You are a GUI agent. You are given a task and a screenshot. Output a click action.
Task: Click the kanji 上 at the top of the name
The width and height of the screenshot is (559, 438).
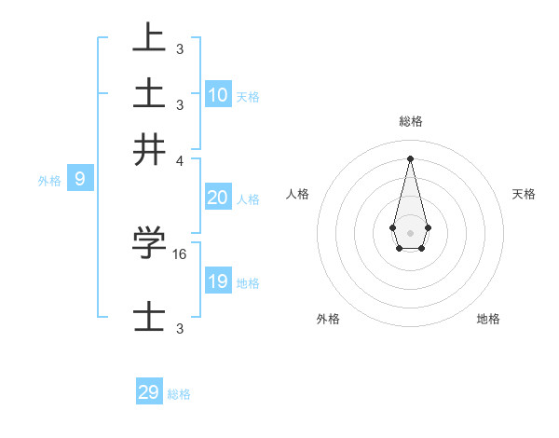click(x=149, y=38)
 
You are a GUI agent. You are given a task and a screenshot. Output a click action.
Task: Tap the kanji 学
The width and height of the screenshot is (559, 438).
click(x=149, y=243)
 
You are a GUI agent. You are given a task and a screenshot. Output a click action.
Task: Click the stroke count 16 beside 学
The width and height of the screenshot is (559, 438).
click(x=181, y=253)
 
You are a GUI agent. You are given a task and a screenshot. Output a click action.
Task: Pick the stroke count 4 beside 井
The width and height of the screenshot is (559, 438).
click(x=180, y=159)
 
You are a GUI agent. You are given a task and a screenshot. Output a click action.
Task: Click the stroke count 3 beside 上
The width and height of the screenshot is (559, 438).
click(x=180, y=48)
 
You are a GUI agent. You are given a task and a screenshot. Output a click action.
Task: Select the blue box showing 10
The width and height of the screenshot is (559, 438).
click(x=218, y=95)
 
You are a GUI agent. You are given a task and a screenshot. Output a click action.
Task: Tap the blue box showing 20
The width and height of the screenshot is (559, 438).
click(x=218, y=198)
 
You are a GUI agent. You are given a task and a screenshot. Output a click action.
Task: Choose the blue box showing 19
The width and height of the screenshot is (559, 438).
click(x=218, y=281)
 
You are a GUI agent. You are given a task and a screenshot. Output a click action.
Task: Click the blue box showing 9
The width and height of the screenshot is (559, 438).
click(x=80, y=179)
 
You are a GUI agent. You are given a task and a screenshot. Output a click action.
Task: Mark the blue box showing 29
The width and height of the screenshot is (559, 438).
click(x=149, y=392)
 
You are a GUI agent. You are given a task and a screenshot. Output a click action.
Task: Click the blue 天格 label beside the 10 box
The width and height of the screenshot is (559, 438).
click(x=248, y=97)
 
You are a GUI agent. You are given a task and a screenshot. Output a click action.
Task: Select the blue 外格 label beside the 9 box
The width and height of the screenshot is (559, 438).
click(x=49, y=181)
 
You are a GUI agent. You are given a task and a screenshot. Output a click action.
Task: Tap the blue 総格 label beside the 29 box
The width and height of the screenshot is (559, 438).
click(x=179, y=394)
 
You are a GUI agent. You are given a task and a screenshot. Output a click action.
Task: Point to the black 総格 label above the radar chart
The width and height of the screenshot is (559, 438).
click(x=410, y=121)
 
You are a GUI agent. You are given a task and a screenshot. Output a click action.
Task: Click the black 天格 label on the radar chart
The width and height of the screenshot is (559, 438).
click(x=524, y=194)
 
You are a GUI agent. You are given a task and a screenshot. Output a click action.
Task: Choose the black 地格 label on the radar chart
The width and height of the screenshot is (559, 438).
click(x=488, y=319)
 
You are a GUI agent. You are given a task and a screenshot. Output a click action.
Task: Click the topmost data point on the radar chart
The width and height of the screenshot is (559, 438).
click(x=410, y=157)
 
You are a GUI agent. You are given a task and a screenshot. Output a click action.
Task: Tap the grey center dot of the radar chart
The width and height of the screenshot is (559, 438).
click(x=410, y=232)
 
